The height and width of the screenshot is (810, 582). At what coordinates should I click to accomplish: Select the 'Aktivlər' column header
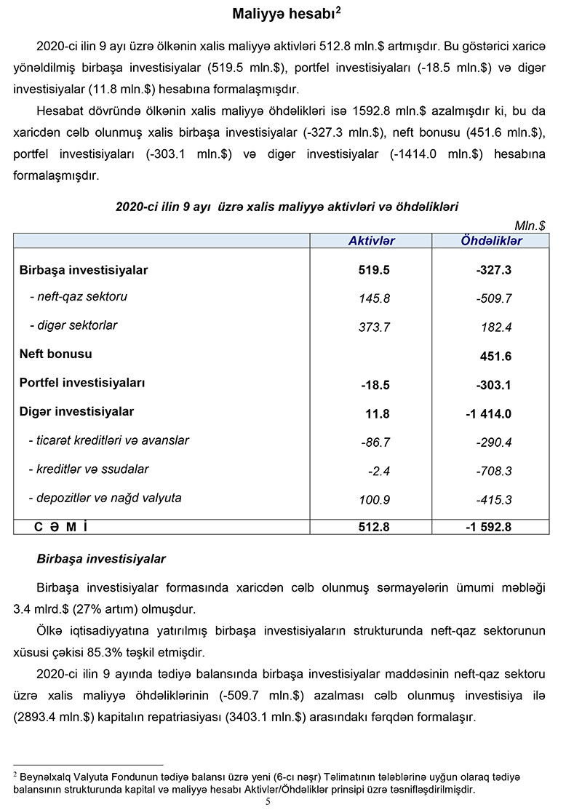click(371, 241)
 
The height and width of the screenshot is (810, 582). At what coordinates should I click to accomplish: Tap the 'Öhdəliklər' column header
click(491, 241)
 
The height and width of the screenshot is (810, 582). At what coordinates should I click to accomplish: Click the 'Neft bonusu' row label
click(55, 354)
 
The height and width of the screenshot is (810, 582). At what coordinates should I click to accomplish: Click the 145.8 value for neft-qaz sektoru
click(375, 298)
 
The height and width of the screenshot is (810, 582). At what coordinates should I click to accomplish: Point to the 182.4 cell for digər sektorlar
click(496, 327)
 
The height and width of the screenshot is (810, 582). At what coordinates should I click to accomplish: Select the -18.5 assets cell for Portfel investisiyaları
click(375, 385)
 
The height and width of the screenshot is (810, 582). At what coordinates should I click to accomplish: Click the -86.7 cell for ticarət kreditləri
click(375, 442)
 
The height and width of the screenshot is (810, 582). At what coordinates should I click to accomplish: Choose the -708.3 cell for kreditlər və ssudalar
click(495, 472)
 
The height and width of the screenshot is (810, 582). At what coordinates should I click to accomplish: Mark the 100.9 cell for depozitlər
click(375, 501)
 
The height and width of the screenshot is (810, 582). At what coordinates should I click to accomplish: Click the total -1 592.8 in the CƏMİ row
click(488, 527)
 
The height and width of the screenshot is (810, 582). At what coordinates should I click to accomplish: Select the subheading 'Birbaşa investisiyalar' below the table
click(101, 559)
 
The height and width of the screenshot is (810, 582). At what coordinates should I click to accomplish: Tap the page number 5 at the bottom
click(268, 801)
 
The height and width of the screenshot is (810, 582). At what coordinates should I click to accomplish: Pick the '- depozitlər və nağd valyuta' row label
click(105, 499)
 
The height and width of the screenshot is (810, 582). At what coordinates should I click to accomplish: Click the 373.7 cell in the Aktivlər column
click(375, 327)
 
